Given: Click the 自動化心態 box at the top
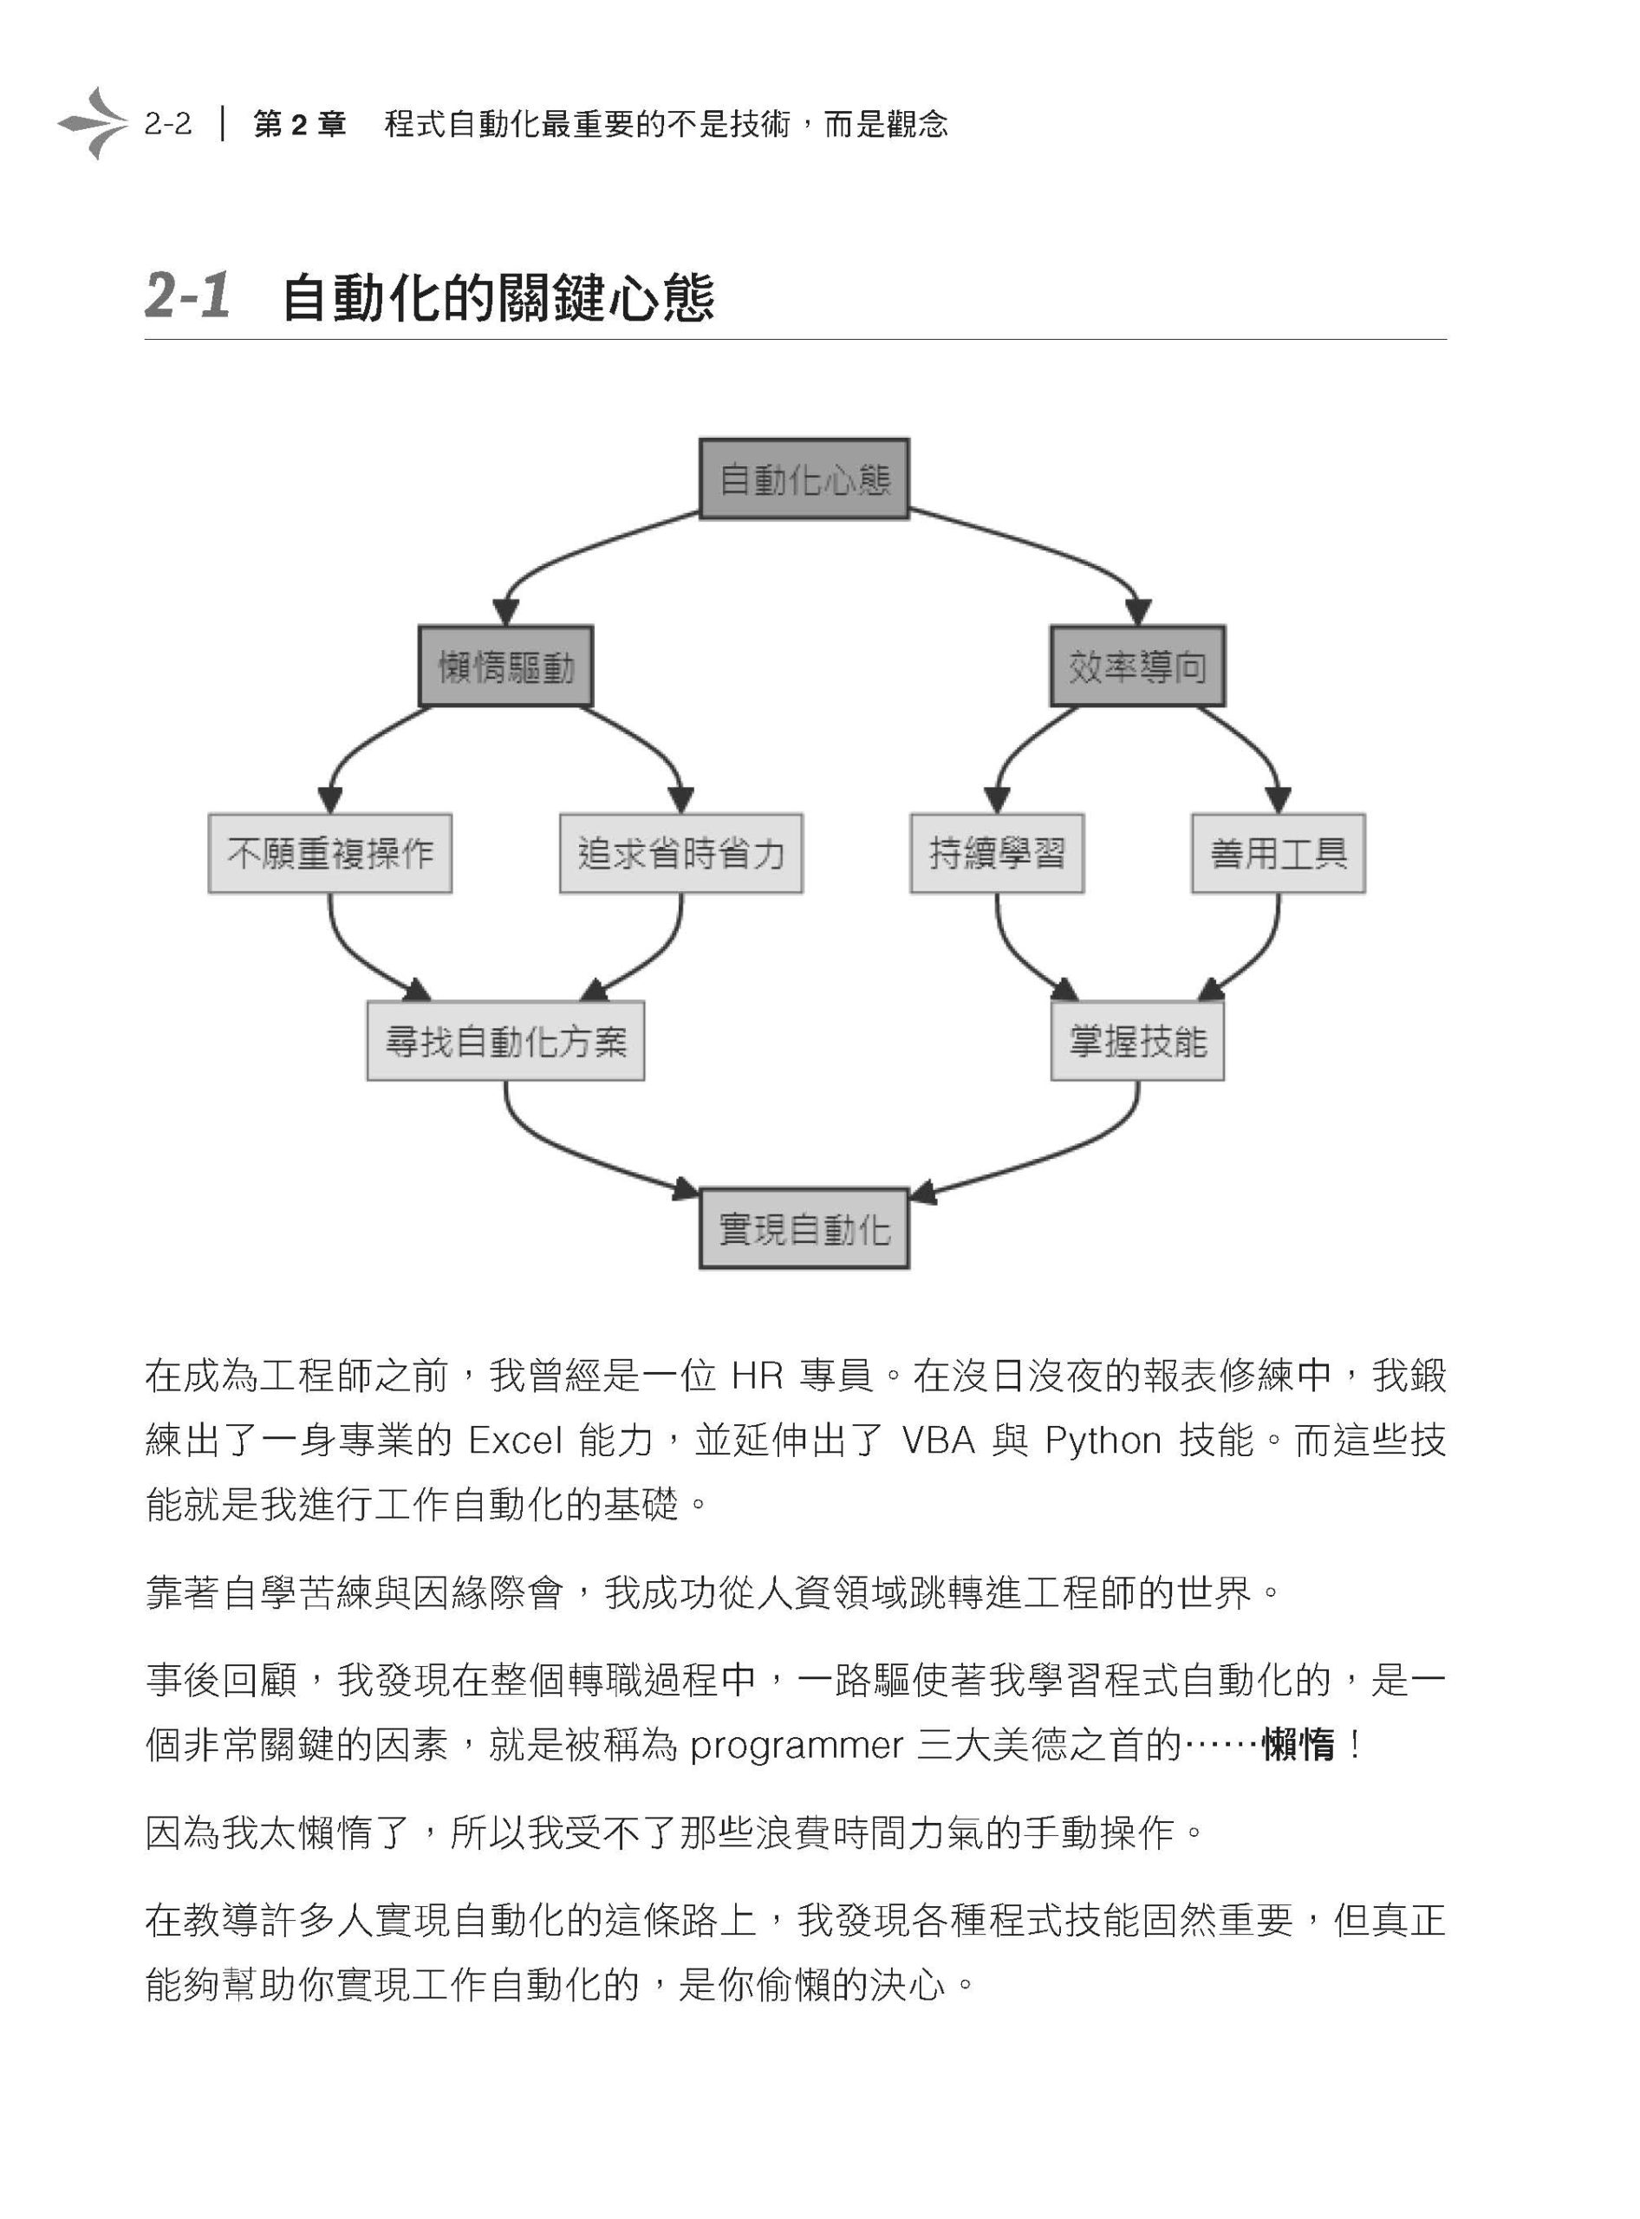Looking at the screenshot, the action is click(x=804, y=478).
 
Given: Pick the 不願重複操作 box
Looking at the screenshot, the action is click(x=329, y=854).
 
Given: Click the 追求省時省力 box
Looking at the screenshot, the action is click(x=681, y=854).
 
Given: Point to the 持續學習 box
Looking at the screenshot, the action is click(x=997, y=854).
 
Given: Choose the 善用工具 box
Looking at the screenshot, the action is click(x=1279, y=854).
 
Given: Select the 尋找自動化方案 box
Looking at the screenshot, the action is click(x=505, y=1040).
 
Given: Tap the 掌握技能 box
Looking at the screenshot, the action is click(x=1137, y=1040).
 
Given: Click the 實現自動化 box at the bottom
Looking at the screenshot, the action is click(x=804, y=1228).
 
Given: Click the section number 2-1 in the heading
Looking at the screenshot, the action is click(x=187, y=295).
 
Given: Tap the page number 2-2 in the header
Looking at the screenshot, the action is click(x=168, y=124).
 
